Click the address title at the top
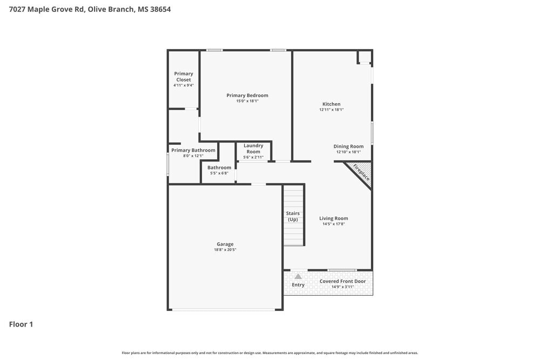pyautogui.click(x=90, y=9)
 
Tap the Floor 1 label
pyautogui.click(x=21, y=324)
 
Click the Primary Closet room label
pyautogui.click(x=184, y=77)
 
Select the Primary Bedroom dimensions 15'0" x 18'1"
pyautogui.click(x=247, y=101)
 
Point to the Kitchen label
pyautogui.click(x=332, y=104)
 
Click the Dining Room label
pyautogui.click(x=348, y=146)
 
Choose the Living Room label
pyautogui.click(x=333, y=219)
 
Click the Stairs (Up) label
pyautogui.click(x=293, y=216)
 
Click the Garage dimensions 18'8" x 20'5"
pyautogui.click(x=225, y=250)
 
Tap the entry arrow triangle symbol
pyautogui.click(x=298, y=276)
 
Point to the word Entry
pyautogui.click(x=298, y=285)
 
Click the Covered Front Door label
pyautogui.click(x=342, y=281)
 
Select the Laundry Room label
pyautogui.click(x=253, y=148)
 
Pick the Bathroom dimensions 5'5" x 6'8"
pyautogui.click(x=219, y=173)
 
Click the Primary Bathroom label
pyautogui.click(x=193, y=150)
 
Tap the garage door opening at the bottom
pyautogui.click(x=224, y=310)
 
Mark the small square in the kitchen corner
pyautogui.click(x=364, y=57)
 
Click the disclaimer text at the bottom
pyautogui.click(x=270, y=353)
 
